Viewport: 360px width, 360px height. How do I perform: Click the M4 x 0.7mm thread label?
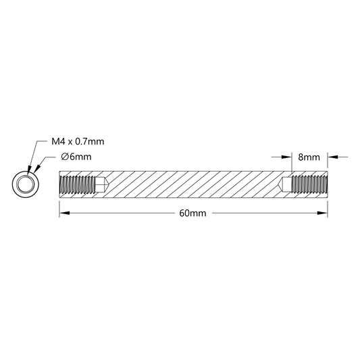(x=78, y=141)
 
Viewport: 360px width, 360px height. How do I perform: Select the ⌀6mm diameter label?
(x=76, y=157)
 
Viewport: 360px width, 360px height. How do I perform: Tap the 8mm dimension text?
(x=309, y=157)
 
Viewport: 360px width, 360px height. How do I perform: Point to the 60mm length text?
(x=193, y=213)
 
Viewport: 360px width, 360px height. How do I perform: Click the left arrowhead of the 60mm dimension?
(x=65, y=213)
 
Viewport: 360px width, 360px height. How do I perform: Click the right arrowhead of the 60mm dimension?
(x=322, y=213)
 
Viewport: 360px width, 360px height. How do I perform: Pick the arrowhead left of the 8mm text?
(x=286, y=157)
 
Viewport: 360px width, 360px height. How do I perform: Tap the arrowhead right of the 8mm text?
(x=332, y=157)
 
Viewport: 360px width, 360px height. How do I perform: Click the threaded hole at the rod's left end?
(x=77, y=184)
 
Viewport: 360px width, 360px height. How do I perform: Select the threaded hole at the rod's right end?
(x=309, y=184)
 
